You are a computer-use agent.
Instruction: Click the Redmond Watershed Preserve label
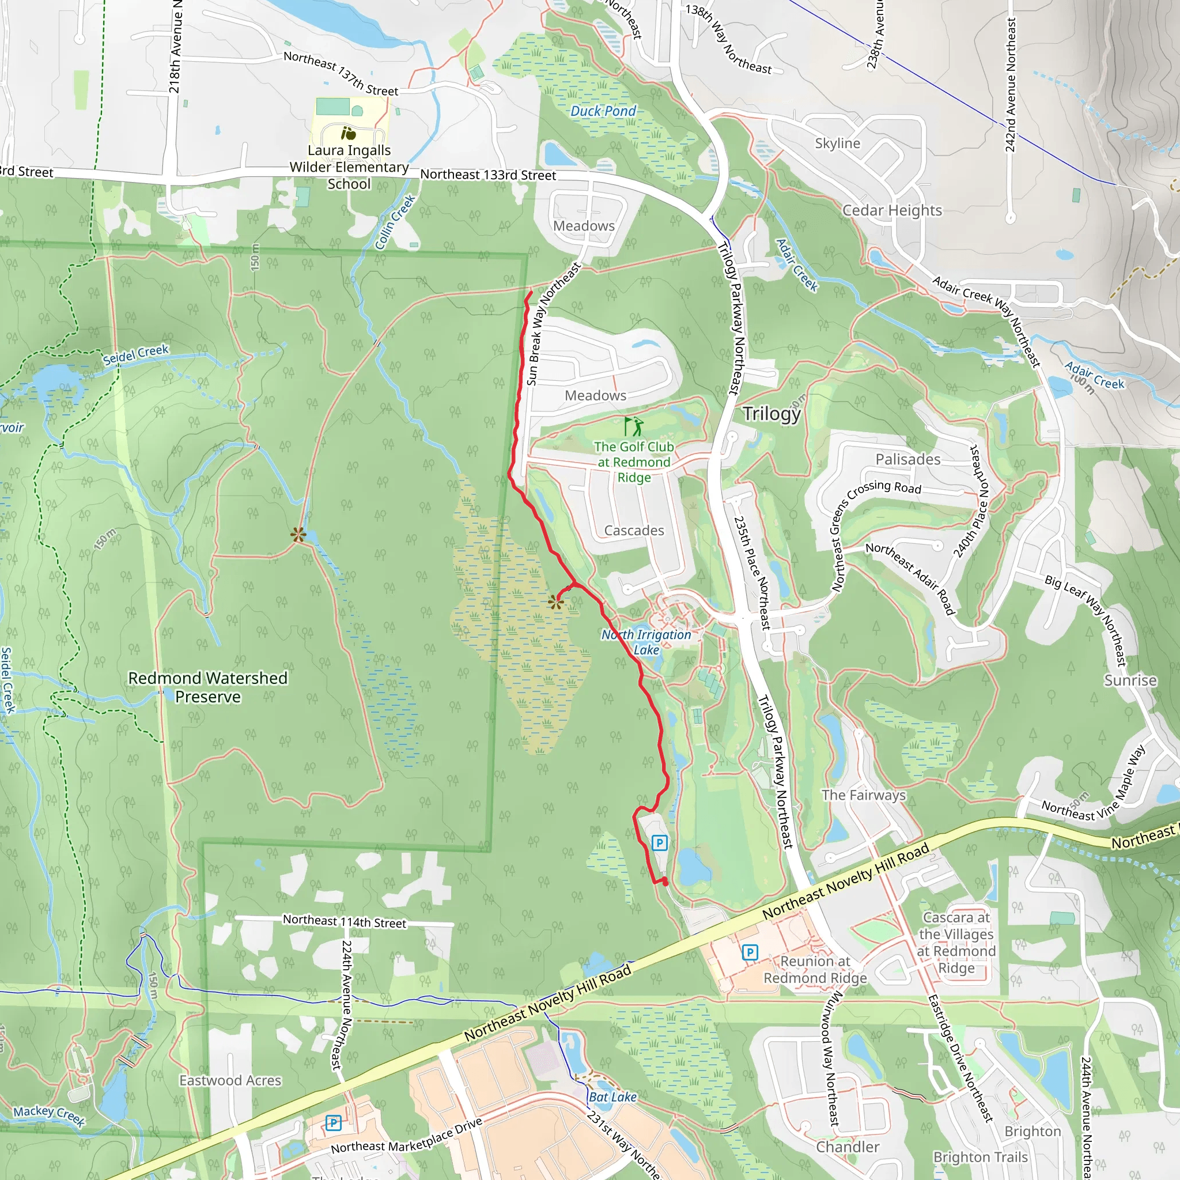(207, 687)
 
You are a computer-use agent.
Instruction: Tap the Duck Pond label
(603, 111)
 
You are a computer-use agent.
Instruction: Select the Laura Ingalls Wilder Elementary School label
(349, 167)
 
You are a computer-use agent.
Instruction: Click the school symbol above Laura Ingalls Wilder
(348, 133)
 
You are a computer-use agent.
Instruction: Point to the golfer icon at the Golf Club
(633, 426)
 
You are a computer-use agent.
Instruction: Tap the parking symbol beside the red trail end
(659, 843)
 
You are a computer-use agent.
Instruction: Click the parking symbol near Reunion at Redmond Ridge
(750, 952)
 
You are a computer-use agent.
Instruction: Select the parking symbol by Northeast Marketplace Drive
(333, 1122)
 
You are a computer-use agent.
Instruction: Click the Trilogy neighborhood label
(771, 414)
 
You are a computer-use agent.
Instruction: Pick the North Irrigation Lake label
(646, 642)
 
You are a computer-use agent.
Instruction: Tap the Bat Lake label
(612, 1097)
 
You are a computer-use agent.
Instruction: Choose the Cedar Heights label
(892, 210)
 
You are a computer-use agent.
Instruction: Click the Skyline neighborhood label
(837, 143)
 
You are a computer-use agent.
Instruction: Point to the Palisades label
(907, 459)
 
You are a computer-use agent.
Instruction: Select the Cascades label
(634, 530)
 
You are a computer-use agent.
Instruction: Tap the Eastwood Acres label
(230, 1080)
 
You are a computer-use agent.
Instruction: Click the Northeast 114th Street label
(344, 921)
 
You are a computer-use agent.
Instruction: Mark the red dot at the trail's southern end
(664, 883)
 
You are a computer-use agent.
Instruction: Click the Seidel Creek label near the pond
(135, 355)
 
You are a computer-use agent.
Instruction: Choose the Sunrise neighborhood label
(1130, 680)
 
